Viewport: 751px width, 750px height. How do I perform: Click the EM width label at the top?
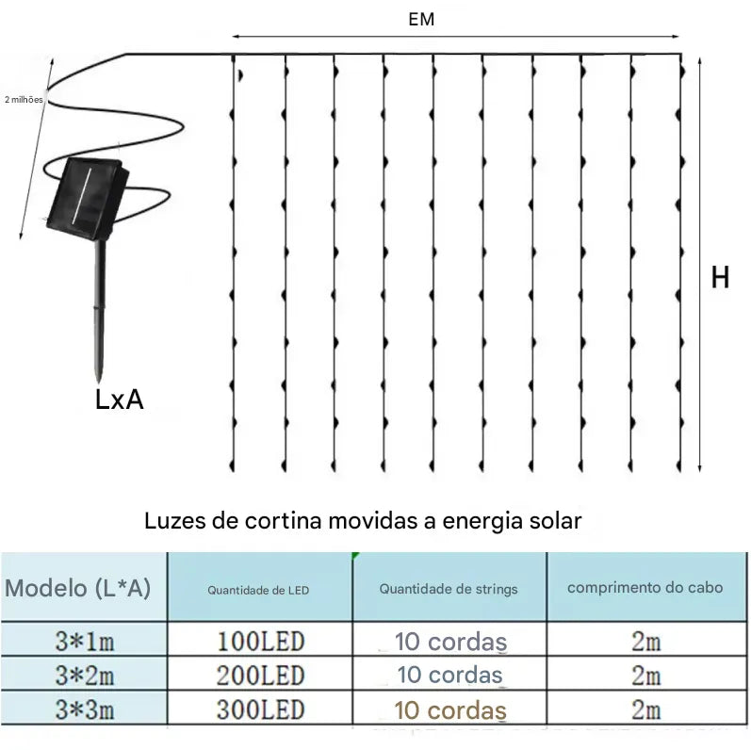pyautogui.click(x=421, y=19)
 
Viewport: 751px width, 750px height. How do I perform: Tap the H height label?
pyautogui.click(x=720, y=277)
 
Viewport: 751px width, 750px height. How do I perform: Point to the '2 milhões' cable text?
pyautogui.click(x=24, y=99)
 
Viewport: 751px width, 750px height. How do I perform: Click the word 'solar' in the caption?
pyautogui.click(x=555, y=520)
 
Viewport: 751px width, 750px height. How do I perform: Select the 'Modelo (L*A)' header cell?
pyautogui.click(x=78, y=588)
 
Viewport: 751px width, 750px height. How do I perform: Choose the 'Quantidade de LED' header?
pyautogui.click(x=258, y=590)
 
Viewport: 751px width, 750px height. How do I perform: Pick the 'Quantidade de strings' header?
pyautogui.click(x=449, y=589)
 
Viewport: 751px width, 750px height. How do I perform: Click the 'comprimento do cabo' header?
pyautogui.click(x=645, y=587)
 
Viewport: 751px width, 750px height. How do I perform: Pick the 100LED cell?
pyautogui.click(x=260, y=643)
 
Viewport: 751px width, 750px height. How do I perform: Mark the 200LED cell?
pyautogui.click(x=260, y=676)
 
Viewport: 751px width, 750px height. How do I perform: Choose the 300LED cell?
pyautogui.click(x=260, y=709)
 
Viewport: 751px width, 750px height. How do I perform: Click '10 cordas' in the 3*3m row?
pyautogui.click(x=450, y=710)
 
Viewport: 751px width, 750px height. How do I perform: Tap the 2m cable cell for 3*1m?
pyautogui.click(x=646, y=643)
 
